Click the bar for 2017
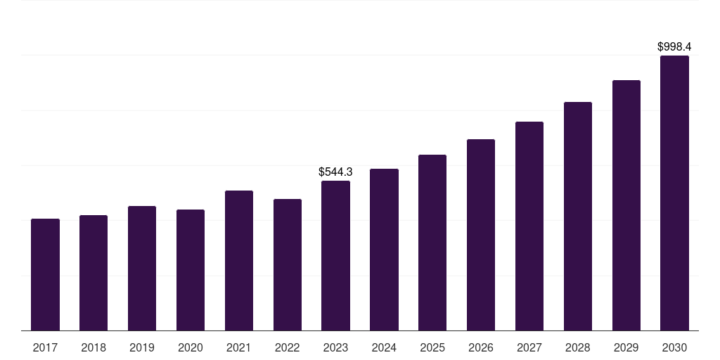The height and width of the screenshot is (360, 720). pos(45,274)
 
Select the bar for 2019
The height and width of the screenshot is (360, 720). pos(142,268)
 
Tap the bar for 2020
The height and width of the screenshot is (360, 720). pos(191,270)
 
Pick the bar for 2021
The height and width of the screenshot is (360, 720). pos(239,260)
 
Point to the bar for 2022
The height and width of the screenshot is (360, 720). pos(288,264)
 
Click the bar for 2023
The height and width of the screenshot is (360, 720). pos(335,255)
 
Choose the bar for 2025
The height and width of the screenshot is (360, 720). pos(432,243)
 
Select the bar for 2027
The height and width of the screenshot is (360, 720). pos(529,226)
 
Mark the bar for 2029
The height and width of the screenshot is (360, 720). pos(626,205)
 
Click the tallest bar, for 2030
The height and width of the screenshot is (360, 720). pos(674,193)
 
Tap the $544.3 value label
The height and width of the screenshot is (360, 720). pos(335,172)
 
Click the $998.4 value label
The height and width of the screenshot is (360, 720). pos(674,46)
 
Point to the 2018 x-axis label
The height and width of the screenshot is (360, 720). pos(94,347)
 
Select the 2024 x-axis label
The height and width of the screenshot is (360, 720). pos(384,347)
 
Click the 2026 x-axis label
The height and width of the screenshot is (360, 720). pos(481,347)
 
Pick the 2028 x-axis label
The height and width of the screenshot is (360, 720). pos(578,347)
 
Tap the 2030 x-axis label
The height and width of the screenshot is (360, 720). pos(674,347)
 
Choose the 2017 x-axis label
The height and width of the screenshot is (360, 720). pos(45,347)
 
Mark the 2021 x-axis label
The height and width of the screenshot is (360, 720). pos(239,347)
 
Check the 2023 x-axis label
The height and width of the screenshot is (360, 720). pos(335,347)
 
